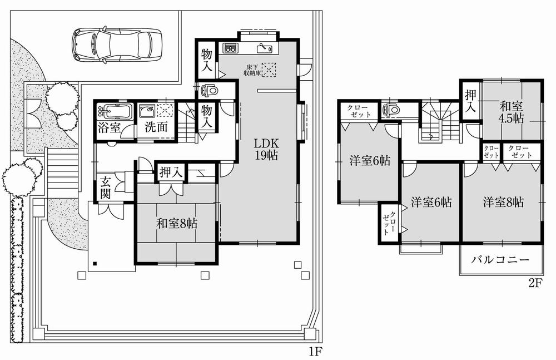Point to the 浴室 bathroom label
tap(109, 126)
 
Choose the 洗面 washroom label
tap(156, 126)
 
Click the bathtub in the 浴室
tap(114, 111)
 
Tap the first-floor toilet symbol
tap(210, 90)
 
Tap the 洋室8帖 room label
tap(503, 202)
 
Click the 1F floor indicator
tap(315, 351)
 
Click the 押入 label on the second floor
tap(470, 100)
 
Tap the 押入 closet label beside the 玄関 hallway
tap(171, 172)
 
